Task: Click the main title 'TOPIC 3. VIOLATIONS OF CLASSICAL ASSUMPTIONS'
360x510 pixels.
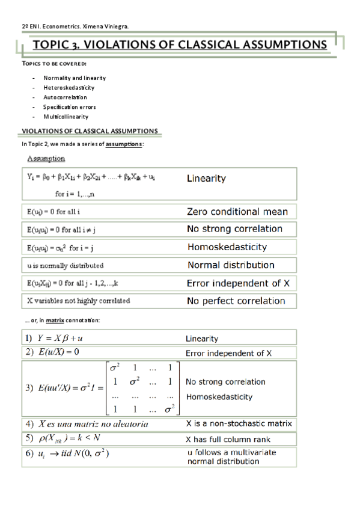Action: point(180,45)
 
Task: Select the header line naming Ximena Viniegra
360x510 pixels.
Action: point(75,26)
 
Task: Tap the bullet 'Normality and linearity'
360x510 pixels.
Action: point(75,78)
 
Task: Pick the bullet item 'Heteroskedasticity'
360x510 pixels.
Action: point(69,88)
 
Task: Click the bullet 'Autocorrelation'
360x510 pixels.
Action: point(65,97)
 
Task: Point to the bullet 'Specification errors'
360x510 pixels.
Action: point(70,107)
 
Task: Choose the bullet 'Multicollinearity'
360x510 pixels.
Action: point(66,117)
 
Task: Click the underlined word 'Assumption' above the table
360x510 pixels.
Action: point(46,159)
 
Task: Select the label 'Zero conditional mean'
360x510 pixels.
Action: point(237,212)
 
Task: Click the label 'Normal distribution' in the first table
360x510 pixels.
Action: point(231,265)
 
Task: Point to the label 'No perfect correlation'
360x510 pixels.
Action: point(236,301)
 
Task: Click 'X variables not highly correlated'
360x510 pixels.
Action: point(78,301)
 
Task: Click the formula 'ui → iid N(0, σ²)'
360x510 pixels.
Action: point(73,453)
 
